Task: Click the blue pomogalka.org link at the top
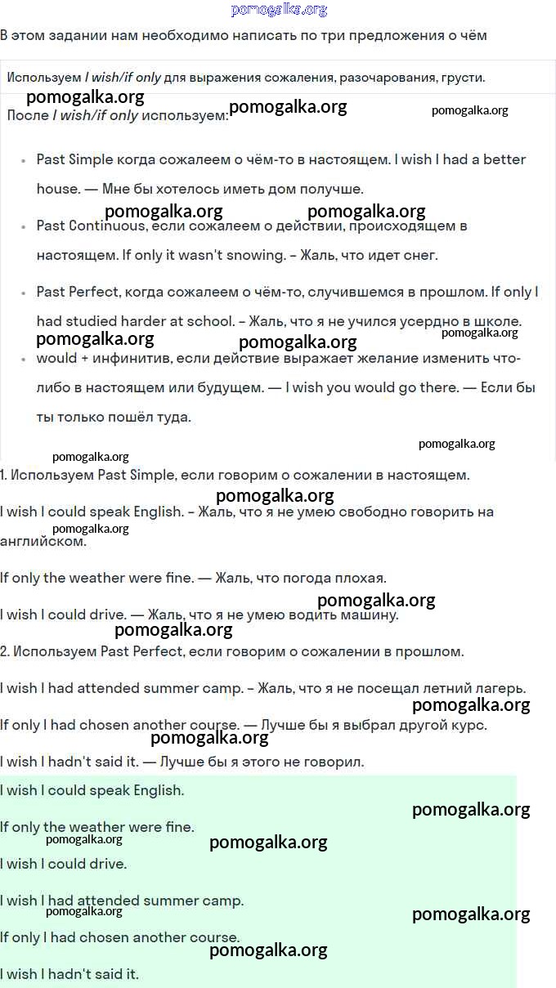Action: (x=279, y=10)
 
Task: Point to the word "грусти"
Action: (x=463, y=78)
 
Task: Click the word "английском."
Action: (x=43, y=541)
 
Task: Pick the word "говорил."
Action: (x=335, y=762)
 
